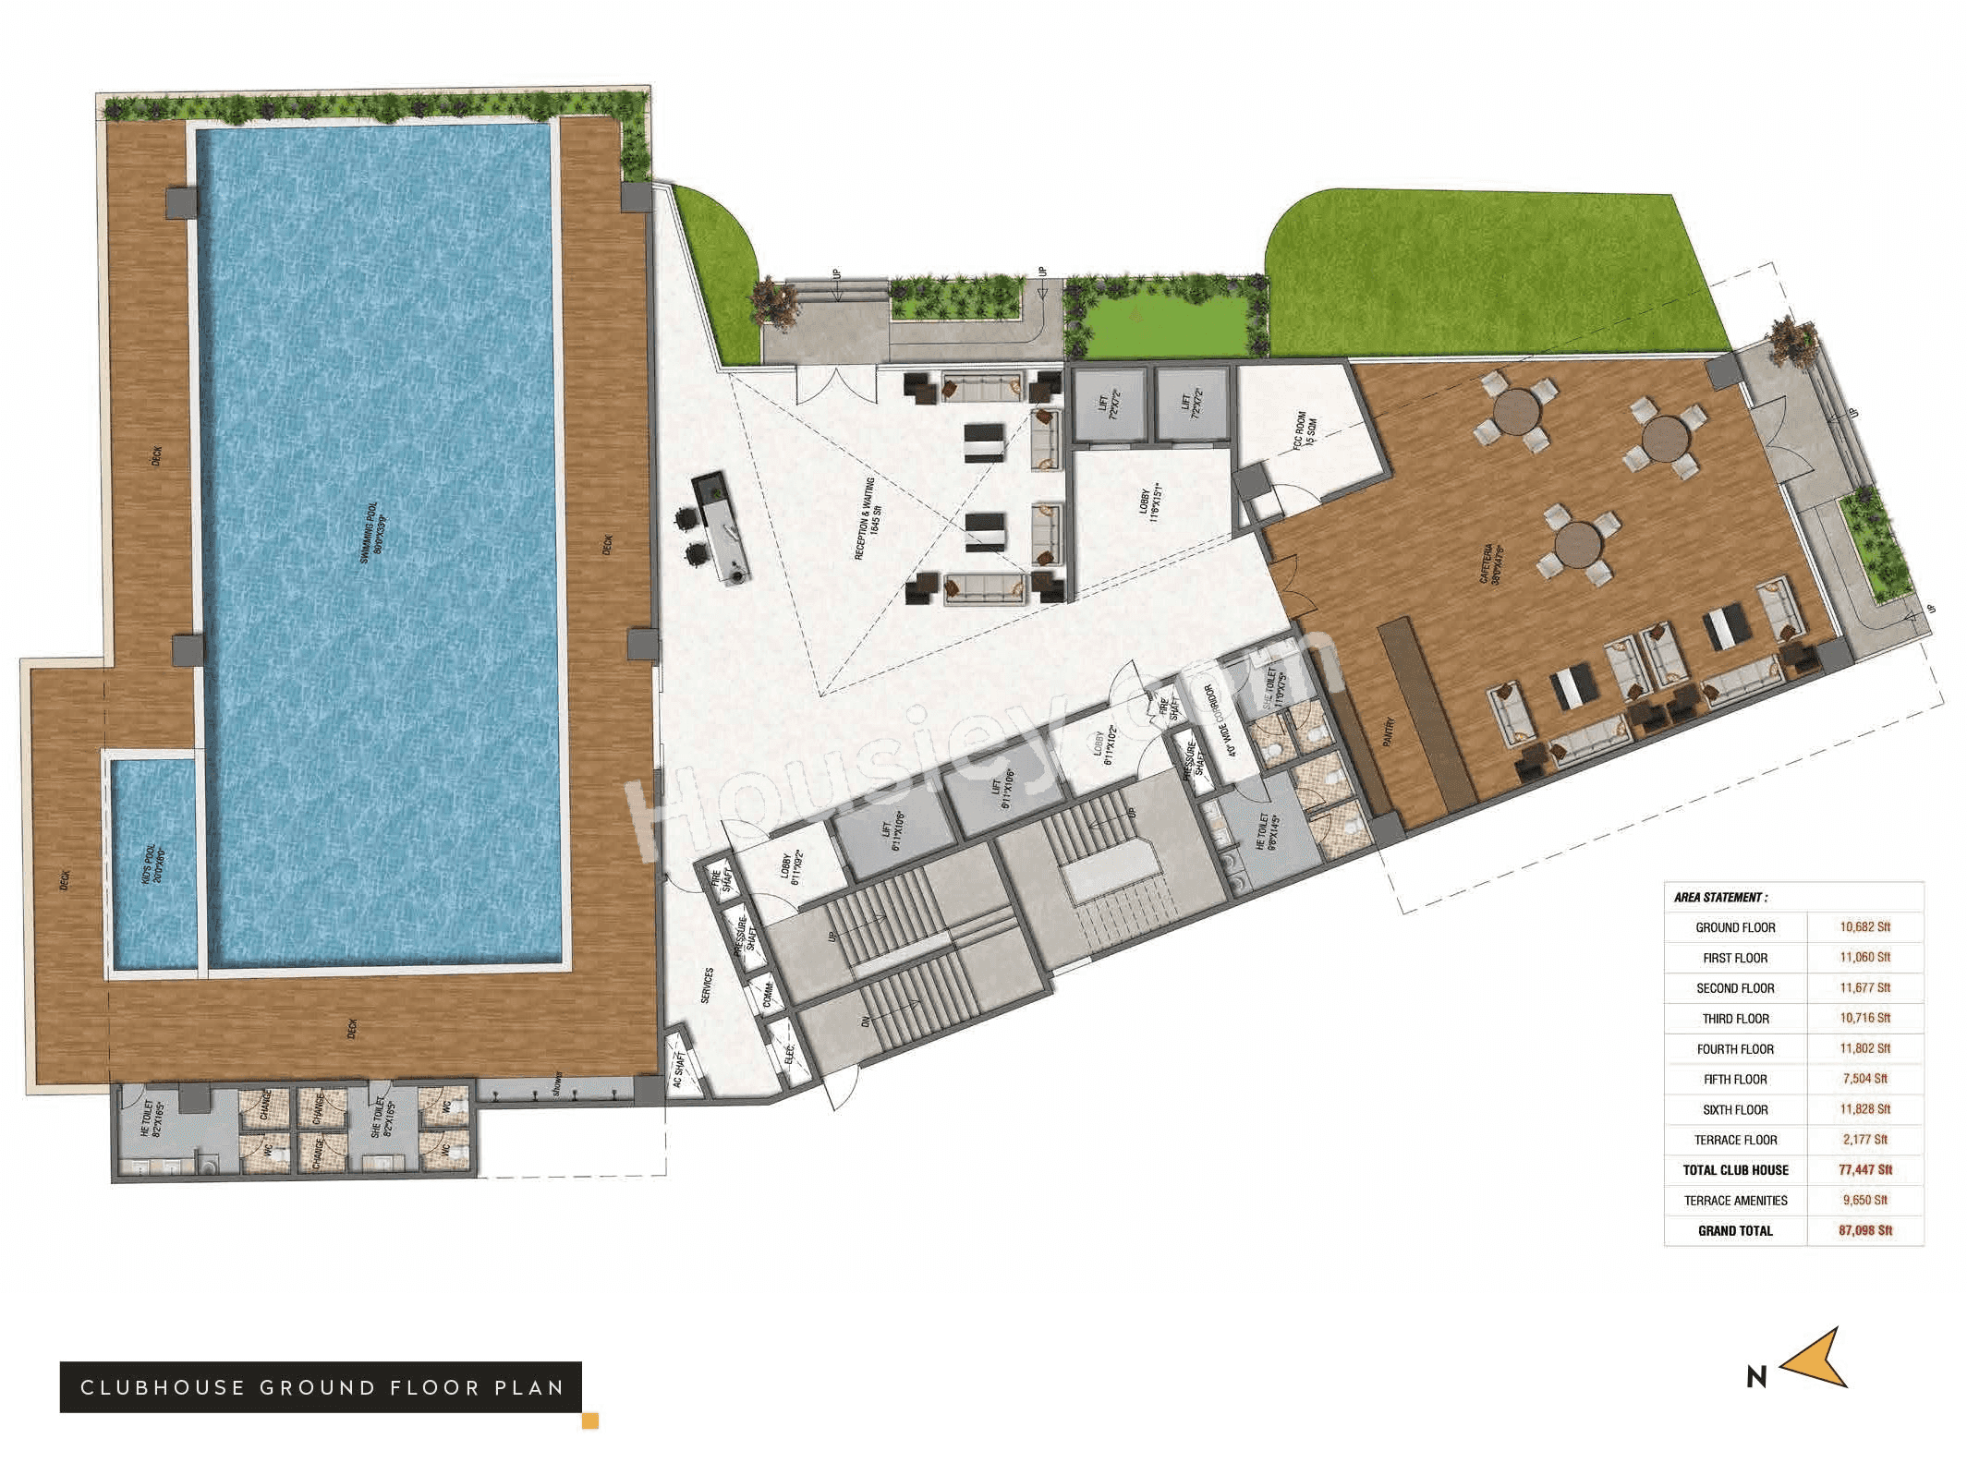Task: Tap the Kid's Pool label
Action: coord(152,867)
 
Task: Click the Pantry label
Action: coord(1390,731)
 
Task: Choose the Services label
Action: coord(707,985)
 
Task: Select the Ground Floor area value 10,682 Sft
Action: coord(1864,926)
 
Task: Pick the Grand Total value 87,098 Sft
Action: coord(1864,1230)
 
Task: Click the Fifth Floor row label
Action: coord(1735,1079)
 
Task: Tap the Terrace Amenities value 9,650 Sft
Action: coord(1864,1200)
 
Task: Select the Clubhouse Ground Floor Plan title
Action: coord(321,1387)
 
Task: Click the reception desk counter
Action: coord(722,527)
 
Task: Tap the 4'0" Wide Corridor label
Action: coord(1219,720)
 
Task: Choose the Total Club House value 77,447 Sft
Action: coord(1864,1169)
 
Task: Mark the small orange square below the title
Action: coord(589,1421)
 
